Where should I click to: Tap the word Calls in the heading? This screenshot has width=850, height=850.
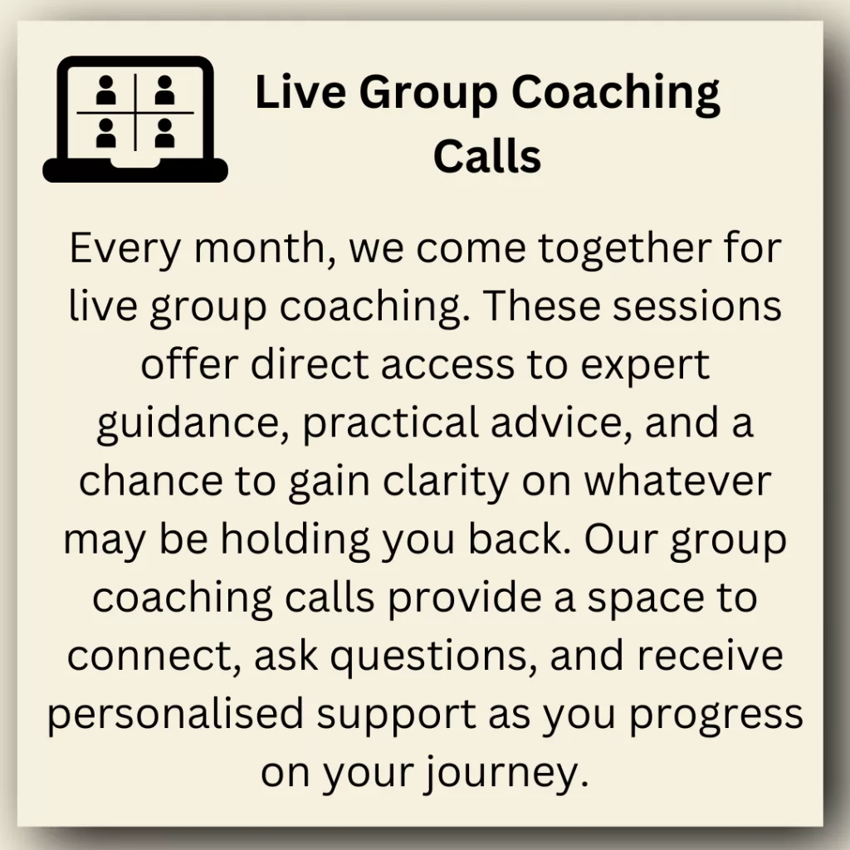[487, 156]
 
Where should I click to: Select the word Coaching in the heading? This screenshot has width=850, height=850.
[616, 95]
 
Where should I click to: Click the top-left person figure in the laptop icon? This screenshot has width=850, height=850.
[106, 90]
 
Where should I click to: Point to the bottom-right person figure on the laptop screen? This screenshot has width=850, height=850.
[164, 134]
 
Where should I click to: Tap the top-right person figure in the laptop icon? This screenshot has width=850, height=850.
[164, 90]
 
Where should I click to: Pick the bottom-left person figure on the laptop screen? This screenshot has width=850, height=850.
[106, 134]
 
